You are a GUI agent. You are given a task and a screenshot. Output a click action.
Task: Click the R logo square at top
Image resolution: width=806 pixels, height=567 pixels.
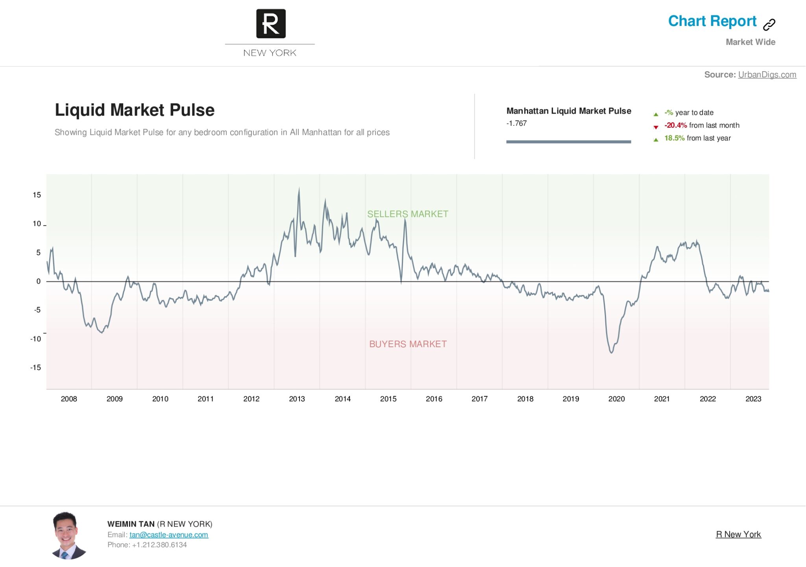(x=271, y=24)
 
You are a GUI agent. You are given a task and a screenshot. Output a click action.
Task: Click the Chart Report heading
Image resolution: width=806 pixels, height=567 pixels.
(x=712, y=21)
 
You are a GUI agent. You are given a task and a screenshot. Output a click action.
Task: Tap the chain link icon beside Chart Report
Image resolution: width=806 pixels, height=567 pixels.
(x=769, y=24)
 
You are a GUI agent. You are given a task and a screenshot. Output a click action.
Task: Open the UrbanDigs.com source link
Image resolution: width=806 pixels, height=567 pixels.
(x=767, y=75)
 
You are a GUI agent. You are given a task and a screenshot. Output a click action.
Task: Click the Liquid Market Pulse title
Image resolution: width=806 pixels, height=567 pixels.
(x=135, y=110)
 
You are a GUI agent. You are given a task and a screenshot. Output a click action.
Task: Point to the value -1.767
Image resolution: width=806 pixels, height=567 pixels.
(x=516, y=123)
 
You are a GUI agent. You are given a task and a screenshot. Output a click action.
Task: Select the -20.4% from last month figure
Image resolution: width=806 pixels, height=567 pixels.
(x=675, y=125)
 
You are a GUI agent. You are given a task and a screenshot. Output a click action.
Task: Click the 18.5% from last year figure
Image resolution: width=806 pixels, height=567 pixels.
(x=674, y=138)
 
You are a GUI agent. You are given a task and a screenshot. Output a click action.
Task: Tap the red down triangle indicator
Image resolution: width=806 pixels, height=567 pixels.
(x=656, y=127)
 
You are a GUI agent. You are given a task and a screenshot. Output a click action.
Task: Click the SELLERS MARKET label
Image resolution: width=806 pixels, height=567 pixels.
(x=407, y=214)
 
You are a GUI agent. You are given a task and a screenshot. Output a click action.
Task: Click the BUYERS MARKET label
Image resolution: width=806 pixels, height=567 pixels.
(x=408, y=344)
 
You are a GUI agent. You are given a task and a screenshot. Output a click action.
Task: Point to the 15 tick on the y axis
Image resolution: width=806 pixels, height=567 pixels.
(x=37, y=195)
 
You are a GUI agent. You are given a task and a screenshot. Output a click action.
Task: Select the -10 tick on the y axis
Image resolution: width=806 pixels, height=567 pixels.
(x=35, y=339)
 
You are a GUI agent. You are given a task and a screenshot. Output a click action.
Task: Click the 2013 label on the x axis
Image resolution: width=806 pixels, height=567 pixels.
(x=297, y=399)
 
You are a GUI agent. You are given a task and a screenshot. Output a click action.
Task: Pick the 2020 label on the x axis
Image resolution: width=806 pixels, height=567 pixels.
(x=616, y=399)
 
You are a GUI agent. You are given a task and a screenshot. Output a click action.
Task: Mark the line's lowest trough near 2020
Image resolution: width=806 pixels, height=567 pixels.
(x=612, y=352)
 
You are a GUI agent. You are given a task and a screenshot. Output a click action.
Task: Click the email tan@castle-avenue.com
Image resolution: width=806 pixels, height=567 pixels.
(x=169, y=535)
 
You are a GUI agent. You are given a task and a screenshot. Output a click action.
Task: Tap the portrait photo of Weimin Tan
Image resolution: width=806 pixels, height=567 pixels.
(x=68, y=536)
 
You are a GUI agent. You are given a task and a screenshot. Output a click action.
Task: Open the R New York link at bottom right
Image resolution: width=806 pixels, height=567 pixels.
(x=738, y=534)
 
